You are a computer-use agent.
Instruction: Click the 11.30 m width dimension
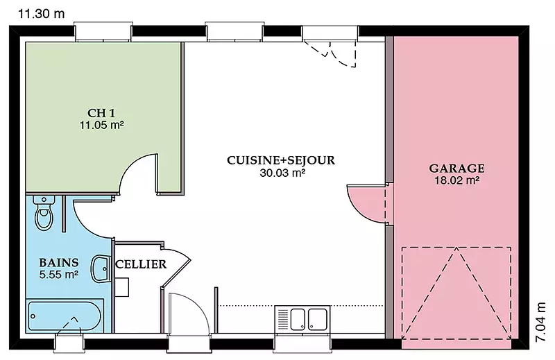(x=42, y=14)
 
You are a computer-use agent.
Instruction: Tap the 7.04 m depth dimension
(x=540, y=322)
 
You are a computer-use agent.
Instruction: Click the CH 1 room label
(x=101, y=113)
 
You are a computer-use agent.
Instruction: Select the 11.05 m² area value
(x=101, y=125)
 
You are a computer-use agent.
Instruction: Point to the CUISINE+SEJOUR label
(x=281, y=160)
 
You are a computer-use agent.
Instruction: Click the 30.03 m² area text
(x=283, y=173)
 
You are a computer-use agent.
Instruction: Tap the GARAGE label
(x=457, y=168)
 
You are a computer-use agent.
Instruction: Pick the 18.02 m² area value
(x=457, y=180)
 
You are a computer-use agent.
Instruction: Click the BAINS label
(x=59, y=263)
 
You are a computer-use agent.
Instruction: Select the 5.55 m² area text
(x=59, y=275)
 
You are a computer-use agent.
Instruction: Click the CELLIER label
(x=141, y=264)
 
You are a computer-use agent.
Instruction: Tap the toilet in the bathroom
(x=44, y=213)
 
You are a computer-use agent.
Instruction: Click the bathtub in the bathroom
(x=65, y=316)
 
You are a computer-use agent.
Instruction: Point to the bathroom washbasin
(x=101, y=268)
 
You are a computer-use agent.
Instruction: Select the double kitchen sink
(x=302, y=318)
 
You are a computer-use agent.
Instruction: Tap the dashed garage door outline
(x=456, y=293)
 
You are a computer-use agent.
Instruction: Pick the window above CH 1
(x=103, y=31)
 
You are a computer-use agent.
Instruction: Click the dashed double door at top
(x=331, y=53)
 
